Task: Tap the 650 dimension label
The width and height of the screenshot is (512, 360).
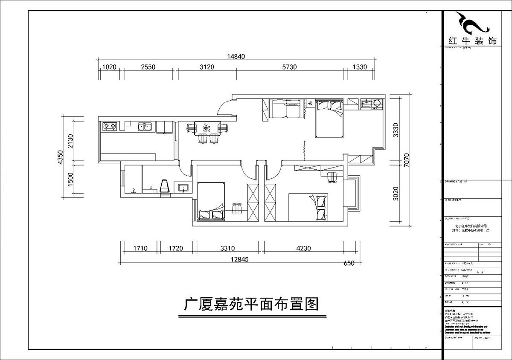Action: click(349, 263)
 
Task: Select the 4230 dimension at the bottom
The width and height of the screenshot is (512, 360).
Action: click(304, 247)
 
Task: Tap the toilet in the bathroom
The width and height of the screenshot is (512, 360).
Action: click(164, 186)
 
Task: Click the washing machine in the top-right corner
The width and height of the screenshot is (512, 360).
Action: click(377, 104)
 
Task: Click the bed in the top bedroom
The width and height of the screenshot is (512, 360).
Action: click(329, 118)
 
